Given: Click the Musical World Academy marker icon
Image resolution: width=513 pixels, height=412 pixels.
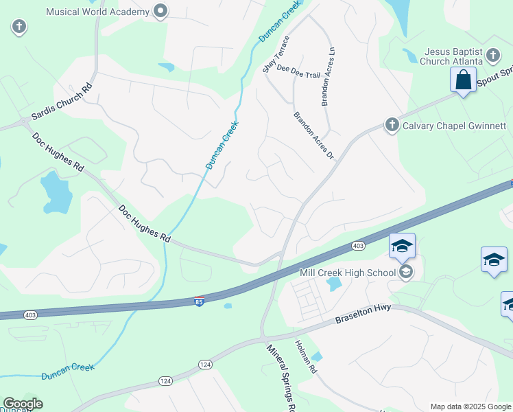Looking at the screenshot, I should tap(161, 11).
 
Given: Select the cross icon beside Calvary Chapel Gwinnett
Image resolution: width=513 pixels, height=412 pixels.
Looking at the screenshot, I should tap(392, 125).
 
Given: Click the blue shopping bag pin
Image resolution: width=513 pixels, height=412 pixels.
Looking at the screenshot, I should tap(464, 80).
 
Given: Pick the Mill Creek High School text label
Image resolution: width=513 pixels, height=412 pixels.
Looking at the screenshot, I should tap(348, 273).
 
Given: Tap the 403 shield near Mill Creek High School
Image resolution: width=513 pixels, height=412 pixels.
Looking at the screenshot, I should tap(358, 245).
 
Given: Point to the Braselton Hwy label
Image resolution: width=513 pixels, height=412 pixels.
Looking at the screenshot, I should tap(363, 314).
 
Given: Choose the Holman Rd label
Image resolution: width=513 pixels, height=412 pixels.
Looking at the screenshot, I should tap(306, 357).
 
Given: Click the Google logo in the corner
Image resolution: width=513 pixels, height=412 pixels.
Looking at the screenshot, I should tap(23, 404).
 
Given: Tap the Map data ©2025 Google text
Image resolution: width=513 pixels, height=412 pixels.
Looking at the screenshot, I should tap(470, 407).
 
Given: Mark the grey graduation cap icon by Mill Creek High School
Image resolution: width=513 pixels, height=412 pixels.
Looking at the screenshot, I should tap(407, 273).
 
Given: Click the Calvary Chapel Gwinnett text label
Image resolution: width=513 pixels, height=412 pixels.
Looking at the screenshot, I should tap(454, 126).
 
